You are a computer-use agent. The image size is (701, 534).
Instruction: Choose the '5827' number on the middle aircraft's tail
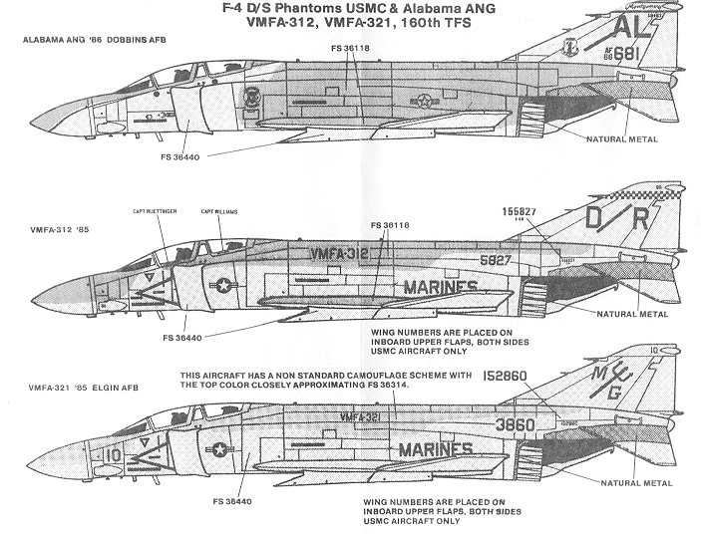tap(530, 256)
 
